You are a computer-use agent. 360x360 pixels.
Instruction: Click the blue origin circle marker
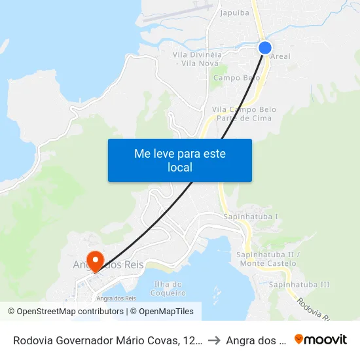pos(265,47)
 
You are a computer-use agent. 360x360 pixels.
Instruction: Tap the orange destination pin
pos(95,261)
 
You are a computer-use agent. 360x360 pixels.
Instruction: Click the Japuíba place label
pos(234,12)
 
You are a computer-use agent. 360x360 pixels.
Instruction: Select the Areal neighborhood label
pos(280,57)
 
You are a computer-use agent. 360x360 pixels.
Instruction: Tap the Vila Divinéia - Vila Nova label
pos(197,58)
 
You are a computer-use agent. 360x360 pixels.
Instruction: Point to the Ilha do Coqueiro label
pos(168,288)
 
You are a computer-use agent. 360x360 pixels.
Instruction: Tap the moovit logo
pos(321,340)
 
